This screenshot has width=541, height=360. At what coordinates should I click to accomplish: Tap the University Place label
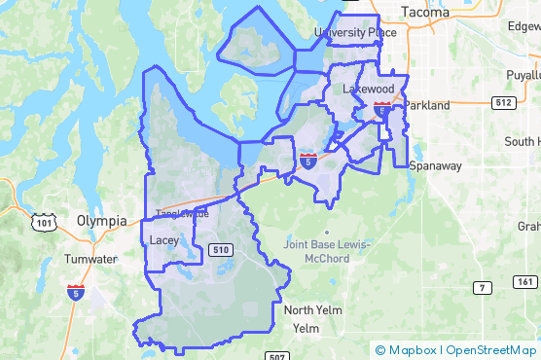pos(355,33)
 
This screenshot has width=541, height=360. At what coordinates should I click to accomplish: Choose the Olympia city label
pos(101,221)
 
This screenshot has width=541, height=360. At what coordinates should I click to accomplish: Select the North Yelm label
pos(312,310)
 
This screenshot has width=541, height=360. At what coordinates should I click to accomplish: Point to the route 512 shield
pos(502,102)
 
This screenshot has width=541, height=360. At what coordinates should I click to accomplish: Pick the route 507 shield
pos(276,355)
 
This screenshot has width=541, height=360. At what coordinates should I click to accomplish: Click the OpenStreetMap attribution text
pos(491,350)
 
